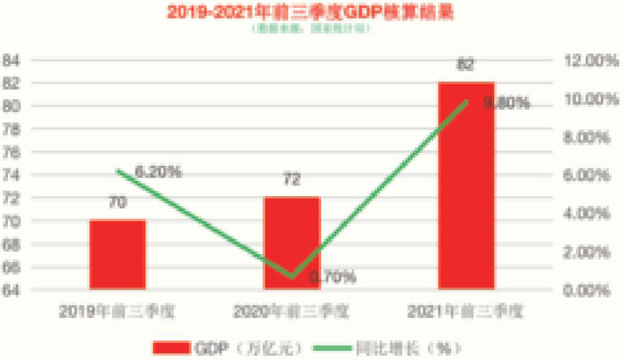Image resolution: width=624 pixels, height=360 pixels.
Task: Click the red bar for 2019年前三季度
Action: pyautogui.click(x=117, y=254)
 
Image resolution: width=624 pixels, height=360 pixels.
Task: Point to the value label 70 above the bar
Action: pyautogui.click(x=117, y=203)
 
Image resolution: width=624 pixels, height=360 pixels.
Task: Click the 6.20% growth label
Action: pyautogui.click(x=159, y=170)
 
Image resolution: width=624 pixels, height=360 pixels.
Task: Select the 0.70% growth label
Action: pyautogui.click(x=333, y=278)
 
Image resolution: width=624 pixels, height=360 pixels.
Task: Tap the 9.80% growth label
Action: pyautogui.click(x=505, y=103)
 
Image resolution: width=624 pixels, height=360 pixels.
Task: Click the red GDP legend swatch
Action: pyautogui.click(x=177, y=347)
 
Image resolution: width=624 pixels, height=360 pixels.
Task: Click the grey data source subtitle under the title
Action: pyautogui.click(x=312, y=29)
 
